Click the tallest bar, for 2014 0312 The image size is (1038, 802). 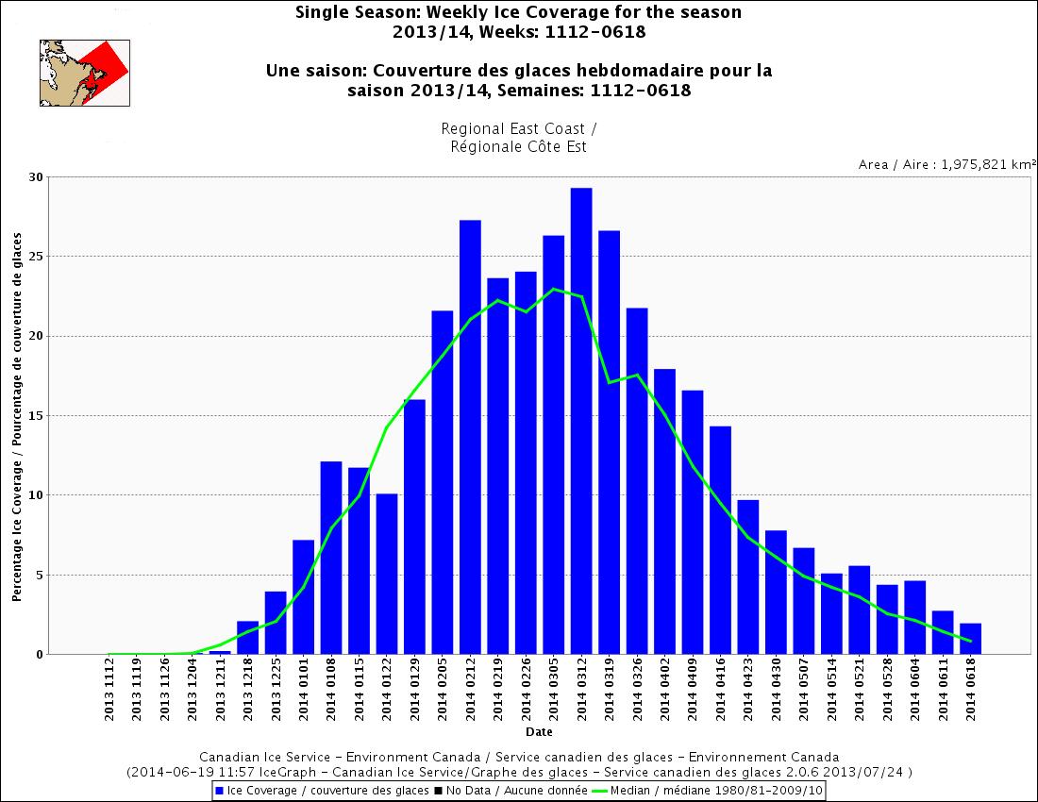point(581,421)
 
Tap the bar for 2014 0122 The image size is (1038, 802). point(387,574)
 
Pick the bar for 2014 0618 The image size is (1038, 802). point(971,639)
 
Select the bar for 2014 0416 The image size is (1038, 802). point(720,540)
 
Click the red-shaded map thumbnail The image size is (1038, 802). point(84,73)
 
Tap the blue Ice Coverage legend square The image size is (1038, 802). point(220,790)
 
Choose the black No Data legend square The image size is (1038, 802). point(439,790)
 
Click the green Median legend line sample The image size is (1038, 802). point(599,790)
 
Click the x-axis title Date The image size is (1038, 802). point(540,731)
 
